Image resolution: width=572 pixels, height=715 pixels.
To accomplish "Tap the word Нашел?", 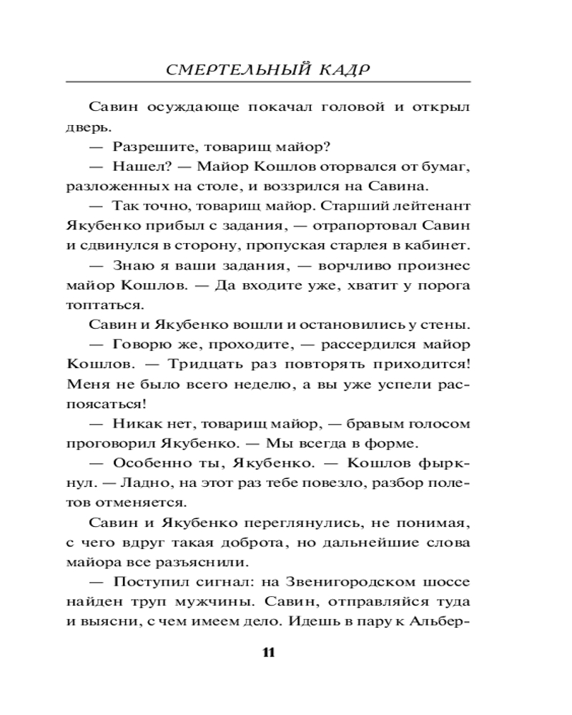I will click(140, 167).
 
